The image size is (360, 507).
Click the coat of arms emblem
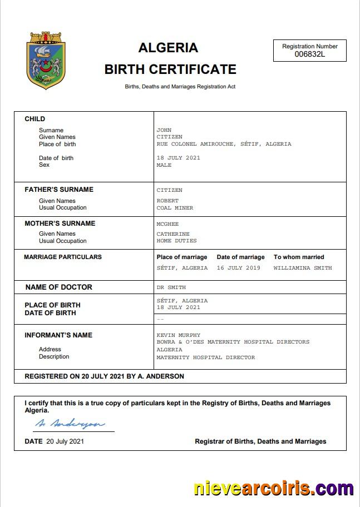coord(47,60)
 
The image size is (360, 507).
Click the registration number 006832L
coord(309,54)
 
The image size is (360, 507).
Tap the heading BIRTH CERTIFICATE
coord(170,69)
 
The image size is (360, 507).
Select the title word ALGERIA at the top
coord(168,48)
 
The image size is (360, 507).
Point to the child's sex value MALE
coord(164,165)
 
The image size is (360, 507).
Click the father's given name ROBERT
coord(167,201)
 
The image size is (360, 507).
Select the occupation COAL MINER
coord(175,208)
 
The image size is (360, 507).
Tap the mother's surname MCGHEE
coord(167,224)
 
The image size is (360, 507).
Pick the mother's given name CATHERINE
coord(173,234)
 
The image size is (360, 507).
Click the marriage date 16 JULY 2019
coord(238,268)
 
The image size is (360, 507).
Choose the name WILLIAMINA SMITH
coord(302,268)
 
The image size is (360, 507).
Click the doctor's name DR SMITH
coord(171,287)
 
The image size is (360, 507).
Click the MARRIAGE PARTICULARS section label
coord(63,257)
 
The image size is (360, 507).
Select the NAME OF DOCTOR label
coord(59,287)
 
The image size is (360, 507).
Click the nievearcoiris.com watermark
coord(273,489)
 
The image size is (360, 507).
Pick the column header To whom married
coord(299,257)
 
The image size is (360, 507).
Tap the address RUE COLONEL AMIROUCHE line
coord(224,144)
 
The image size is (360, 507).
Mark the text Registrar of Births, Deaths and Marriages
coord(260,441)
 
